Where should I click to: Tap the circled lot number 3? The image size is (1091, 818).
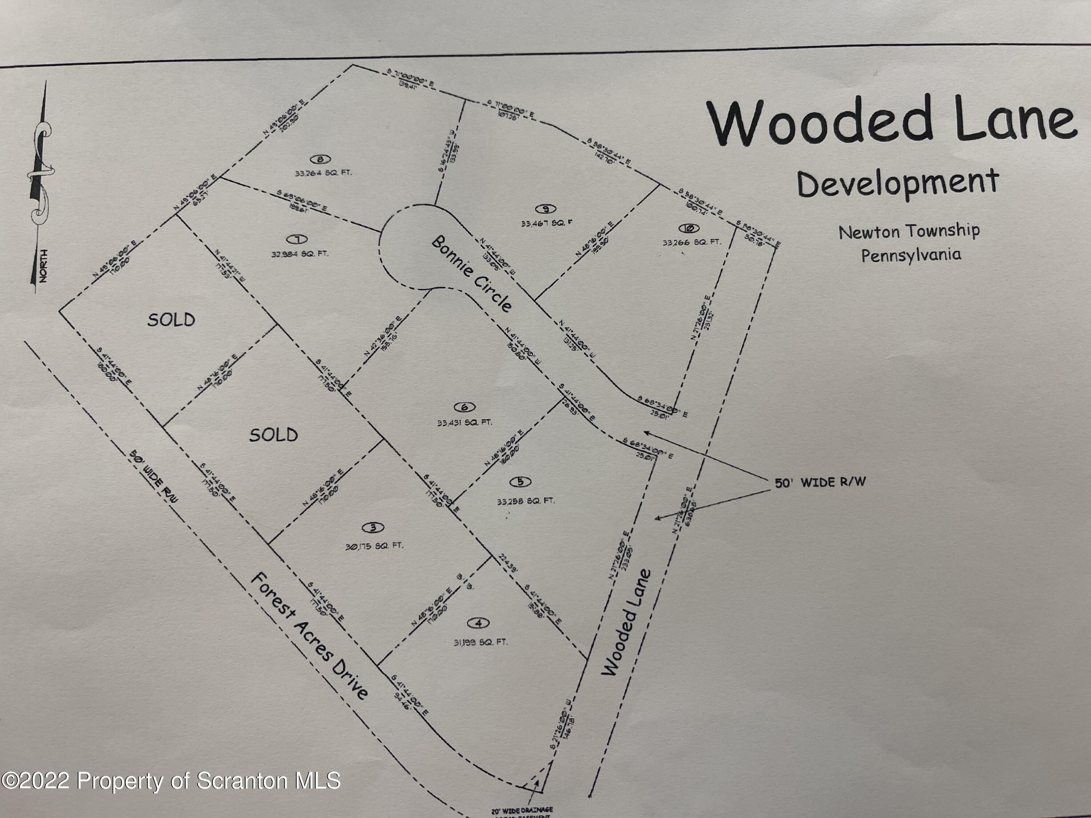(x=373, y=528)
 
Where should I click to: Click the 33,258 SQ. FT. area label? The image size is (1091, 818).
(x=526, y=501)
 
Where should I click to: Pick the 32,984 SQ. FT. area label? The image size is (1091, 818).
(x=300, y=254)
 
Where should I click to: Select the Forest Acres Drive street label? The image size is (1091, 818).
(x=309, y=636)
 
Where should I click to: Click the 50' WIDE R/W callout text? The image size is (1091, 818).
(x=820, y=482)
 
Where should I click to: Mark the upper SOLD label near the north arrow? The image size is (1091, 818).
(x=171, y=320)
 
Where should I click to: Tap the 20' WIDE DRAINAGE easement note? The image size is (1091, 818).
(x=522, y=810)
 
